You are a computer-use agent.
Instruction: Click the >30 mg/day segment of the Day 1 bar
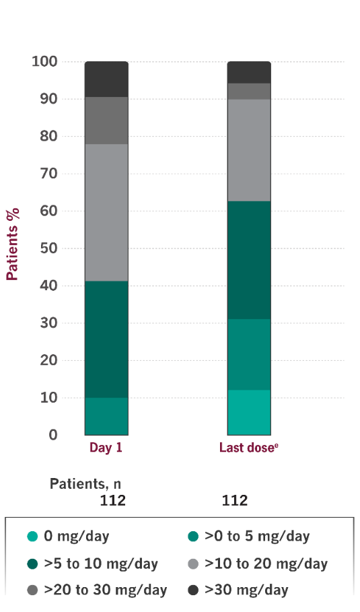click(106, 79)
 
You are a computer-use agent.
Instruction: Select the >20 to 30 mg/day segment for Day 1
click(106, 121)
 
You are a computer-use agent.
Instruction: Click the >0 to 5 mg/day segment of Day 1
click(106, 416)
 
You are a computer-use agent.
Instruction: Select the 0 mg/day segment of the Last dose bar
click(249, 412)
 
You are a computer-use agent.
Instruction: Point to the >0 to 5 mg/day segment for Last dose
click(249, 354)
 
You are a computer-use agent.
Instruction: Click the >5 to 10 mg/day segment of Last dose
click(249, 260)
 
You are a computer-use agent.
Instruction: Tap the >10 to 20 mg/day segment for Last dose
click(249, 150)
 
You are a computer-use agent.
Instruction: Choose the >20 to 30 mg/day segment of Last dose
click(249, 92)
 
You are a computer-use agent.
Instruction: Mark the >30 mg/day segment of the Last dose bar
click(249, 72)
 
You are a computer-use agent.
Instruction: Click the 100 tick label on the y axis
click(45, 62)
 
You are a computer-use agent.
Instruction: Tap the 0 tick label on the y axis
click(52, 435)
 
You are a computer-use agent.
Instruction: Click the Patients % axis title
click(13, 244)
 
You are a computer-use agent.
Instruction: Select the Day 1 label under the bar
click(106, 448)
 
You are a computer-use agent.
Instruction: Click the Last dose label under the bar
click(247, 448)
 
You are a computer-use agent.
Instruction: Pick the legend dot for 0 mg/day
click(32, 537)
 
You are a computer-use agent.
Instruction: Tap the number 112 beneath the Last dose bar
click(235, 500)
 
